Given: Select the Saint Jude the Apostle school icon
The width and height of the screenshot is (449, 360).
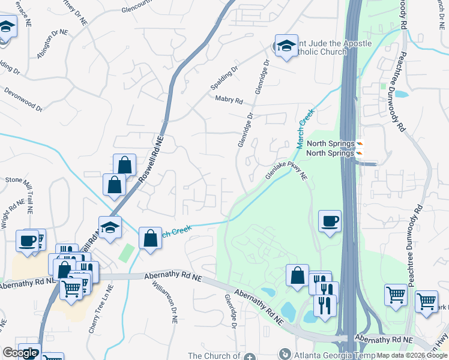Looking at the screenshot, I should click(x=286, y=46).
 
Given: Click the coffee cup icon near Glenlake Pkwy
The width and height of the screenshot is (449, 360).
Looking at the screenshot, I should click(x=330, y=221).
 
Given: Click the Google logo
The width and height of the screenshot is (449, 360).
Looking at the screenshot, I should click(x=20, y=353).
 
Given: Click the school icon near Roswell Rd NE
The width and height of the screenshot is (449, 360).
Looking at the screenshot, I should click(x=110, y=228).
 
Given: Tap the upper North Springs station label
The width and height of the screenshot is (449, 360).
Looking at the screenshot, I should click(x=331, y=144).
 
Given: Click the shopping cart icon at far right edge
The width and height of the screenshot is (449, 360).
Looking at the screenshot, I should click(x=427, y=302).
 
